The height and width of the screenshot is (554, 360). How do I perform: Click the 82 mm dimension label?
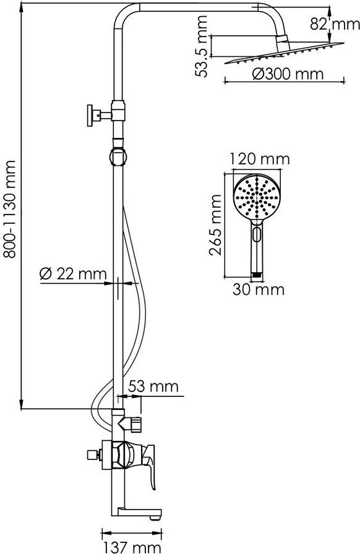[335, 24]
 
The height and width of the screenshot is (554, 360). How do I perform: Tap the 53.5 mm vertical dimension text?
[203, 46]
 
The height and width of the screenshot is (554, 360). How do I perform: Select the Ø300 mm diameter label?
[288, 74]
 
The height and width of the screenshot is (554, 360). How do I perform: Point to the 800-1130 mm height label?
[9, 209]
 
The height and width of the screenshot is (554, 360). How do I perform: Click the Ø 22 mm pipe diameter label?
[73, 274]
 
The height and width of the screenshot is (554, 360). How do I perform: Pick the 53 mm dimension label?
[153, 386]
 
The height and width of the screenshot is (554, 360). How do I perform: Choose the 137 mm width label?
[132, 547]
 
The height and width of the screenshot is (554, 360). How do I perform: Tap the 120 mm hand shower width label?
[260, 159]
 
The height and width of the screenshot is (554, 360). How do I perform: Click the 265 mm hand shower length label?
[215, 224]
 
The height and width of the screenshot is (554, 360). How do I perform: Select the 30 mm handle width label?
[259, 290]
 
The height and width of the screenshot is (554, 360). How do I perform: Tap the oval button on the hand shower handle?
[257, 234]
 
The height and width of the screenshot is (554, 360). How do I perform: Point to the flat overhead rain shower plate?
[284, 53]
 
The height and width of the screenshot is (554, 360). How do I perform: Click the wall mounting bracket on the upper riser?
[100, 114]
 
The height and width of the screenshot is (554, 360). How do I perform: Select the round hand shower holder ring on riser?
[118, 156]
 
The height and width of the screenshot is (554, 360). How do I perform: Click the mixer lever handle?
[149, 464]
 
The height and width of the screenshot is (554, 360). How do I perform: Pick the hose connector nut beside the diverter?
[135, 424]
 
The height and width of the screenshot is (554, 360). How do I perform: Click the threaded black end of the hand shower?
[257, 274]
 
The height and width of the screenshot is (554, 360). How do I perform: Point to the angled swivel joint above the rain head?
[283, 43]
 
